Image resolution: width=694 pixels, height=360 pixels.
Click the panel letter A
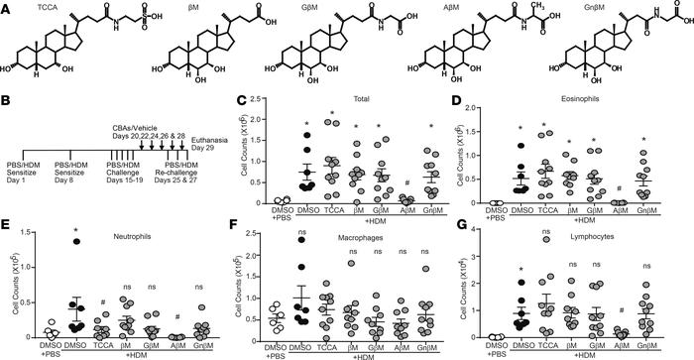(7, 7)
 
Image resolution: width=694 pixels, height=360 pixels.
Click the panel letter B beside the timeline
(7, 100)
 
